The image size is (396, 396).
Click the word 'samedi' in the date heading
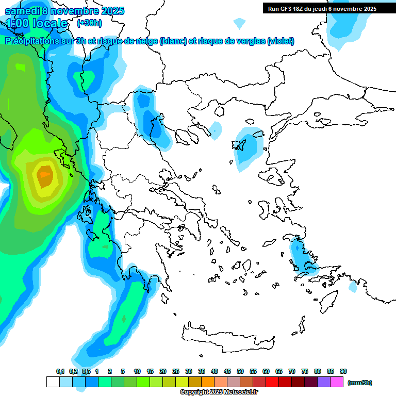coord(23,11)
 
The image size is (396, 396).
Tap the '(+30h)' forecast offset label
coord(89,23)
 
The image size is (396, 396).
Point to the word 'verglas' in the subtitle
coord(248,41)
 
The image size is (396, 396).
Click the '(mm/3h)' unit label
coord(359,383)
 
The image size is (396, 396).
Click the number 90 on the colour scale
coord(343,371)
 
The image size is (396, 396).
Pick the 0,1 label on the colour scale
coord(60,371)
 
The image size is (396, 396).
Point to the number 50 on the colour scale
coord(240,371)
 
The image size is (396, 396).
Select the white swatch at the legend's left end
coord(53,382)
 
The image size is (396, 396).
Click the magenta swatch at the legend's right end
coord(337,382)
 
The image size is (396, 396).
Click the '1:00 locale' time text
coord(37,23)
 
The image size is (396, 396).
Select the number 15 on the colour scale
coord(150,371)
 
